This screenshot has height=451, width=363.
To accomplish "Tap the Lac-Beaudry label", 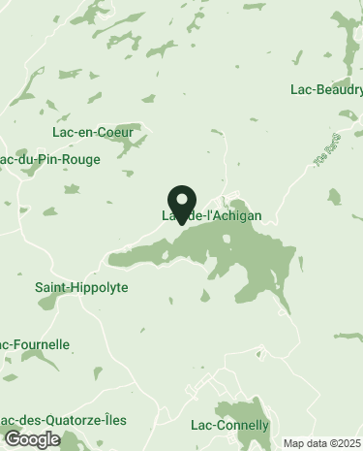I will click(326, 90).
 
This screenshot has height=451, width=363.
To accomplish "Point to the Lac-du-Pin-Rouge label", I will click(50, 159).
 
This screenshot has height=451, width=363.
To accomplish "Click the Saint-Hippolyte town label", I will click(81, 288).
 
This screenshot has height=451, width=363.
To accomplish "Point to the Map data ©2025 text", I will click(320, 444).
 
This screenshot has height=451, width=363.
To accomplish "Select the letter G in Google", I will click(12, 439).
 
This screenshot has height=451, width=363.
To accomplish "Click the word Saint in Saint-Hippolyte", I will click(52, 288).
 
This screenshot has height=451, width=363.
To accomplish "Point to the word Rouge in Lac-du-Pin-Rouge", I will click(80, 159).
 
